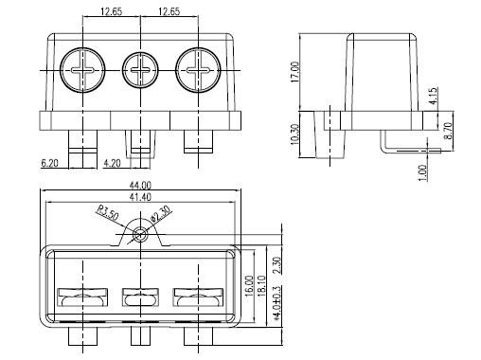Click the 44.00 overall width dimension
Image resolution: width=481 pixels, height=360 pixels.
tap(140, 185)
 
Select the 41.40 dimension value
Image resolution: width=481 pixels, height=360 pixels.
tap(140, 197)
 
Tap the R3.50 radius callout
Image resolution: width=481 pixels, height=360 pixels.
tap(107, 212)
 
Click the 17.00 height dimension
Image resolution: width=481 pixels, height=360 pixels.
tap(295, 72)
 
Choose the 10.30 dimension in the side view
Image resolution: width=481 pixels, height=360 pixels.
tap(294, 135)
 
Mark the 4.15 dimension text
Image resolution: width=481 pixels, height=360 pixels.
tap(434, 96)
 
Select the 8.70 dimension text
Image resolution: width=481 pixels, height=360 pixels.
tap(448, 131)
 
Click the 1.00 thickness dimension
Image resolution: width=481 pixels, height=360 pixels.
tap(423, 173)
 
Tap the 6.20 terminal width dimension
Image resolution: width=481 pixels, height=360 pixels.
tap(50, 163)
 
